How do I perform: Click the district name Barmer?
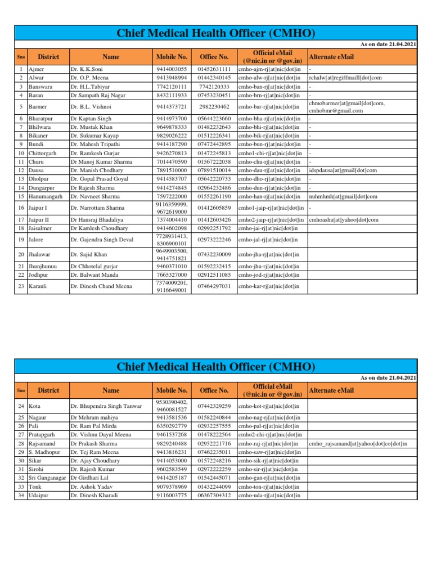pos(37,106)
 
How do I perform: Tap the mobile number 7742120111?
pos(172,87)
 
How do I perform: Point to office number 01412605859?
pos(214,208)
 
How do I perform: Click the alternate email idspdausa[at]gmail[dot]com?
pos(343,170)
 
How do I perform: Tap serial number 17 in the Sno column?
pos(20,220)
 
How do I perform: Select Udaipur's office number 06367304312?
pos(214,495)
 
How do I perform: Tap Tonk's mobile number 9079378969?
pos(172,487)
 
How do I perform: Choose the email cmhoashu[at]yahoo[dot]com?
pos(343,220)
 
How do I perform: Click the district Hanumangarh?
pos(47,196)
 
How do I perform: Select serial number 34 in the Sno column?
pos(20,495)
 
